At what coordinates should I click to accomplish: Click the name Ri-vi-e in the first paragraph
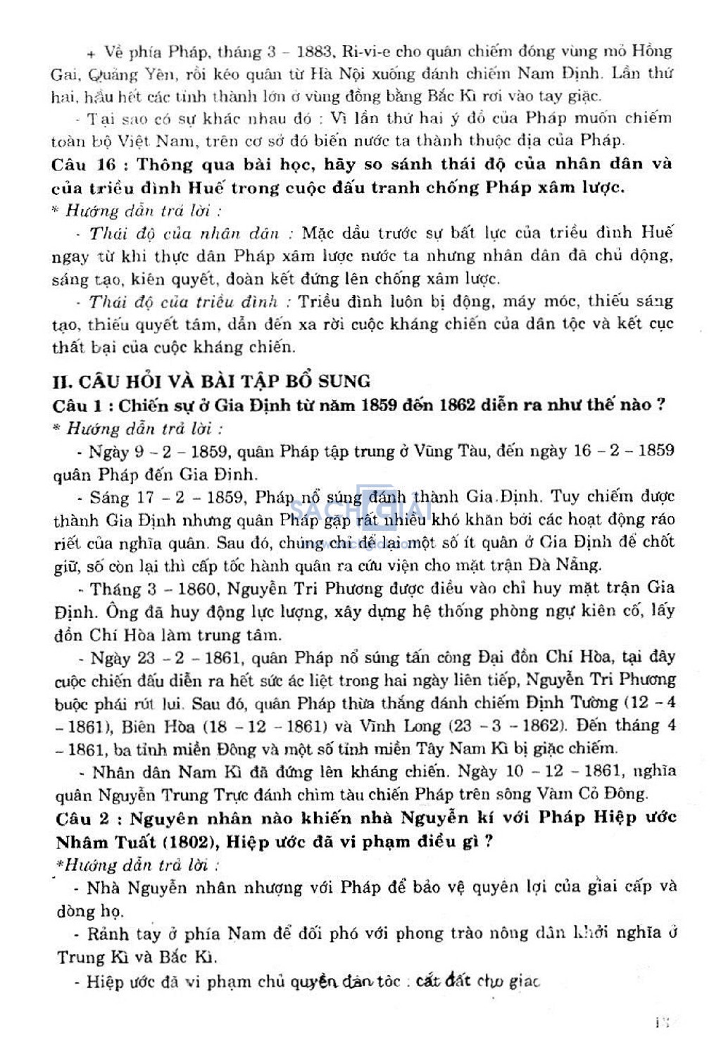point(367,51)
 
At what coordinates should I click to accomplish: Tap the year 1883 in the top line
point(314,52)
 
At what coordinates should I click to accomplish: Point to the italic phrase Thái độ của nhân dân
point(184,233)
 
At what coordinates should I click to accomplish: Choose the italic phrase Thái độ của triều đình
point(183,302)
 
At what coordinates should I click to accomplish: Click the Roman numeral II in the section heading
point(62,382)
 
